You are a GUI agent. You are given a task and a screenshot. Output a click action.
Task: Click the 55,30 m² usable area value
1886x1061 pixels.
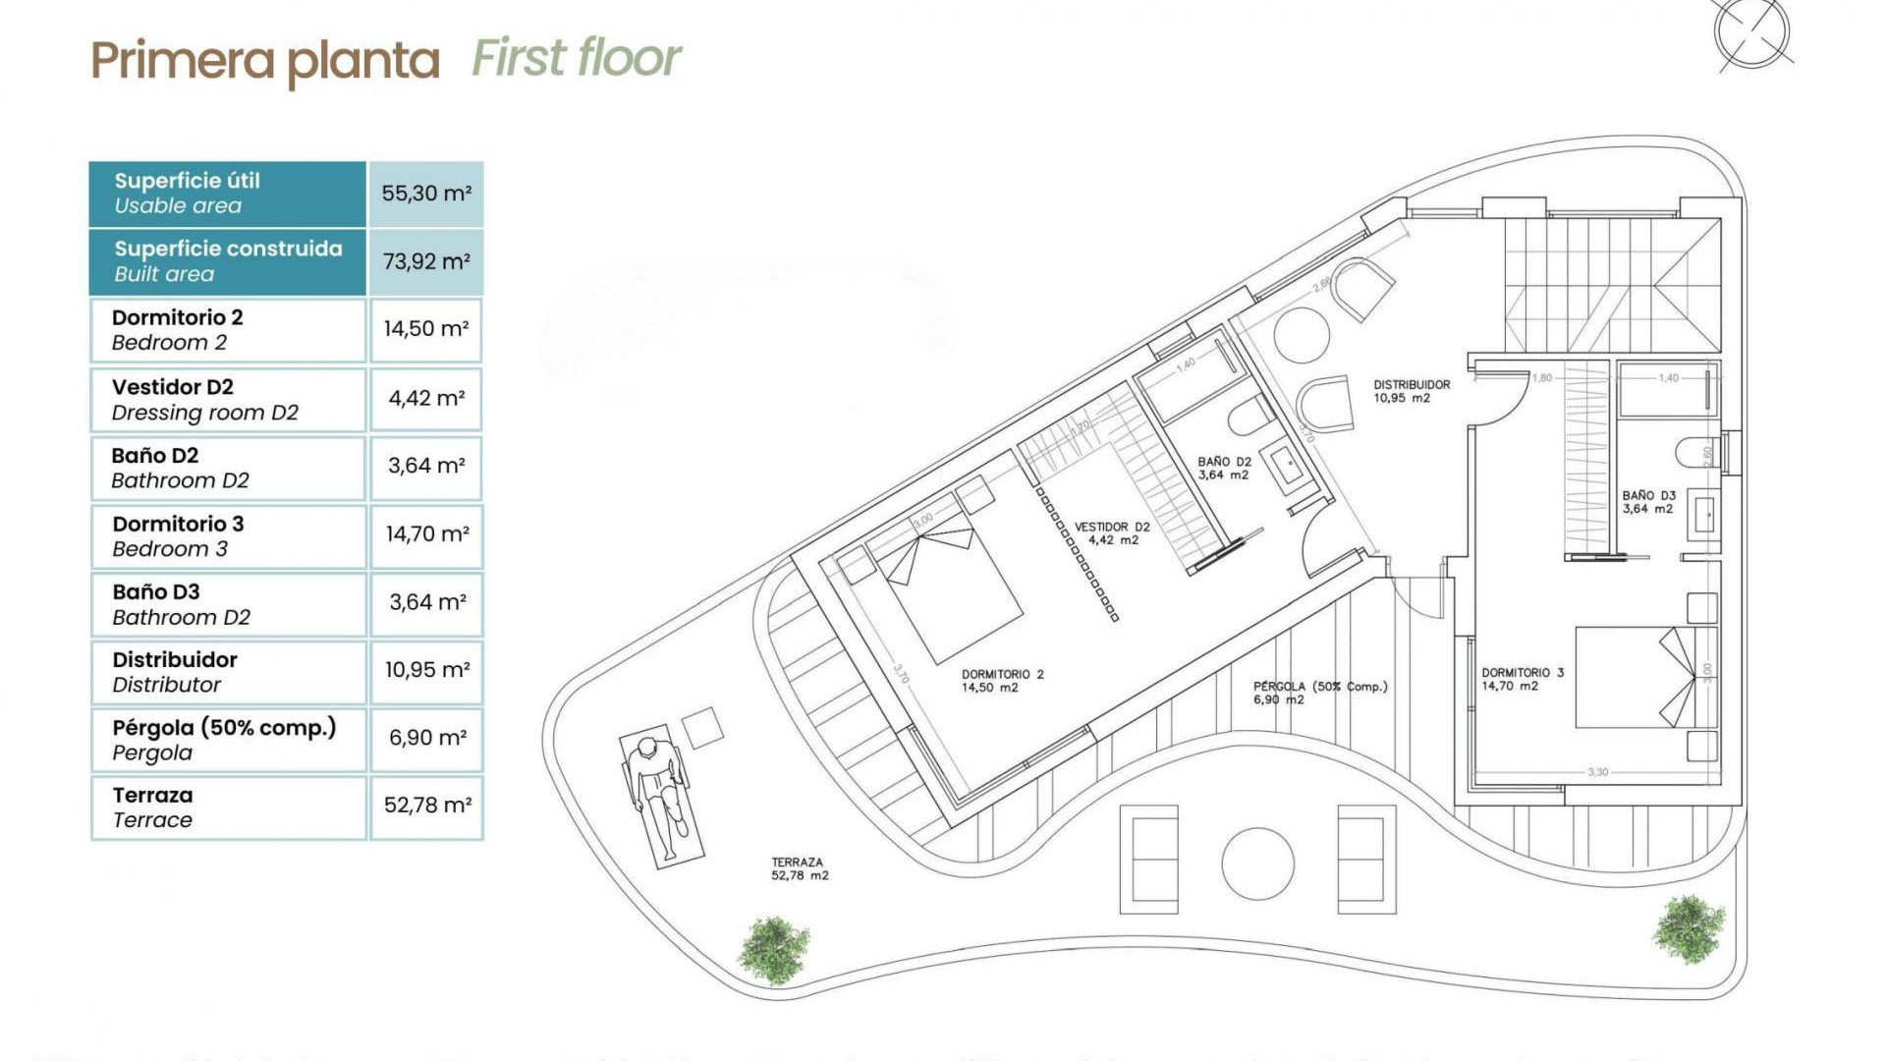coord(426,194)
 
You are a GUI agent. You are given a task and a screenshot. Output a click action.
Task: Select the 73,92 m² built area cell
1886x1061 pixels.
coord(426,261)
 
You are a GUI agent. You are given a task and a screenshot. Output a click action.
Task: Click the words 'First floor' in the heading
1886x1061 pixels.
coord(577,58)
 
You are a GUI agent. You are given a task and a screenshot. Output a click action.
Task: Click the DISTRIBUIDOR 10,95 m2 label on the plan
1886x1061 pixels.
coord(1411,391)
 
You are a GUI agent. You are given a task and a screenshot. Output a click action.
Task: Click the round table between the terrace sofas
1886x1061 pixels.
coord(1257,864)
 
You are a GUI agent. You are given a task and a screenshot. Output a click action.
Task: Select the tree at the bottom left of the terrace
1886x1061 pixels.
coord(774,950)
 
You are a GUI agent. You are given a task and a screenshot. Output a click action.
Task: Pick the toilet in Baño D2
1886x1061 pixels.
coord(1248,417)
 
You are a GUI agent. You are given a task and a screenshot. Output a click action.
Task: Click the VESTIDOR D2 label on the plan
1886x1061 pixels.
coord(1112,533)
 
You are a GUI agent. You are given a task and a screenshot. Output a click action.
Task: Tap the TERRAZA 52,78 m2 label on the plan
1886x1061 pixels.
coord(799,868)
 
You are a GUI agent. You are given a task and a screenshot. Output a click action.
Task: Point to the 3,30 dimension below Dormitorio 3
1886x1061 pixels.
coord(1597,772)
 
